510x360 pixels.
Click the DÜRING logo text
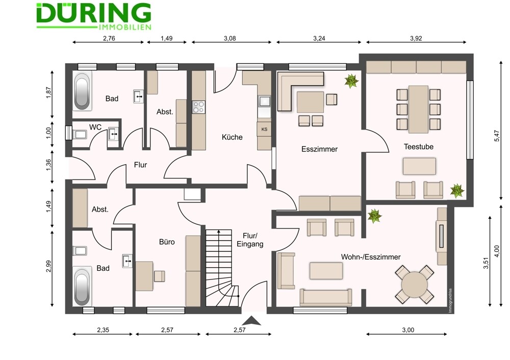[94, 13]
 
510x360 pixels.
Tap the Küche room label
[232, 137]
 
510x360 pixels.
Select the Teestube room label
[418, 147]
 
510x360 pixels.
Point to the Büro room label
[167, 242]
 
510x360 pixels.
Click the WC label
[95, 127]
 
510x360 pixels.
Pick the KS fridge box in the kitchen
[264, 129]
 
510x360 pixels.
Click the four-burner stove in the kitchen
[199, 107]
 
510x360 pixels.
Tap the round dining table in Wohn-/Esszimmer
[414, 285]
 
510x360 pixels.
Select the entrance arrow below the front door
[251, 321]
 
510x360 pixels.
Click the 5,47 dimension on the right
[496, 136]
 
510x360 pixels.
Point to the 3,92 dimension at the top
[416, 38]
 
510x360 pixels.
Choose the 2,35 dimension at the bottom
[103, 330]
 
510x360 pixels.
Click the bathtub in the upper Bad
[82, 91]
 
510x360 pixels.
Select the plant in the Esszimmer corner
[351, 81]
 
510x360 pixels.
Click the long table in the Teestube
[418, 109]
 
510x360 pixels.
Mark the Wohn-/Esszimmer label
[371, 257]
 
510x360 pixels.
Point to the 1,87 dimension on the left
[49, 93]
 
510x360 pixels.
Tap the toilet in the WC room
[80, 135]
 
